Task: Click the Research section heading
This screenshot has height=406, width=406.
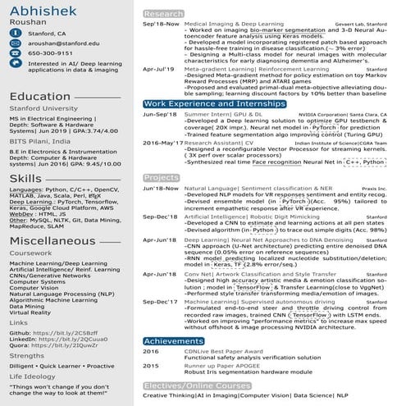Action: click(x=162, y=14)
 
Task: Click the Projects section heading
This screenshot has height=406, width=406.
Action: click(x=161, y=177)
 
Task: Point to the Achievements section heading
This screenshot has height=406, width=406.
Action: click(x=173, y=340)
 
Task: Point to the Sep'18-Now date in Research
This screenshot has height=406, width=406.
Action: click(x=161, y=25)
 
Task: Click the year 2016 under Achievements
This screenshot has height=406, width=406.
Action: click(x=151, y=351)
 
